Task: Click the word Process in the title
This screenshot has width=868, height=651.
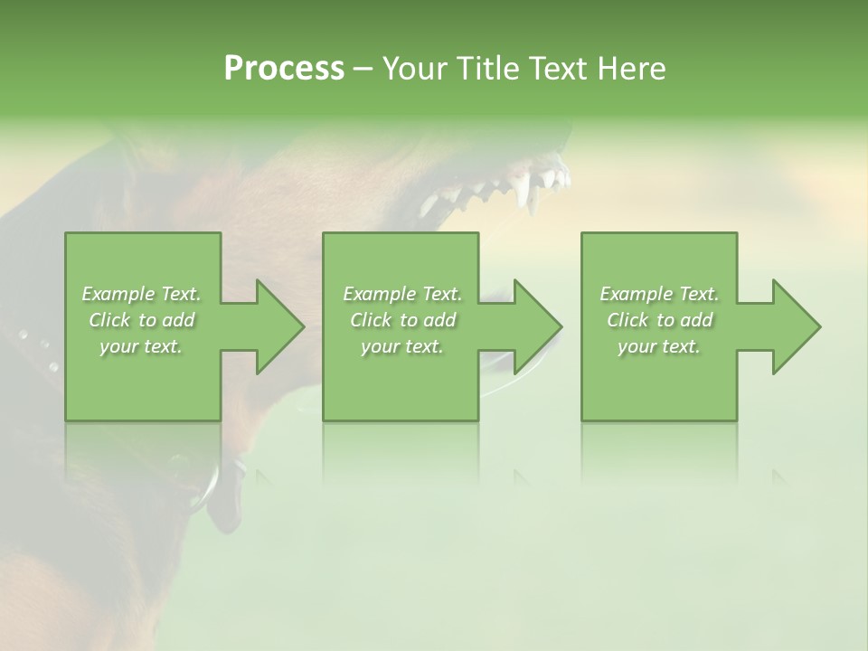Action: (x=284, y=69)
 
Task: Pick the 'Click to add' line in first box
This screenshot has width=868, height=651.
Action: (x=142, y=320)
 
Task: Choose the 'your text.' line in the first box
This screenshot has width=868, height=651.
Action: (x=142, y=346)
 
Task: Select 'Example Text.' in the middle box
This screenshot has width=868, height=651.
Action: (x=401, y=294)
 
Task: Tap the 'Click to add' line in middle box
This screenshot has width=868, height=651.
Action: (x=401, y=320)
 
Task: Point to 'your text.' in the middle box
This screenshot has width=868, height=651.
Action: (x=401, y=346)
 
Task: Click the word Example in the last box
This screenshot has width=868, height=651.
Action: (x=637, y=294)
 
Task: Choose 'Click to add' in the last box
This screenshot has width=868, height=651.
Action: (x=659, y=320)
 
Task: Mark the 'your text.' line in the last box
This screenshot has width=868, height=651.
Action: (x=659, y=346)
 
